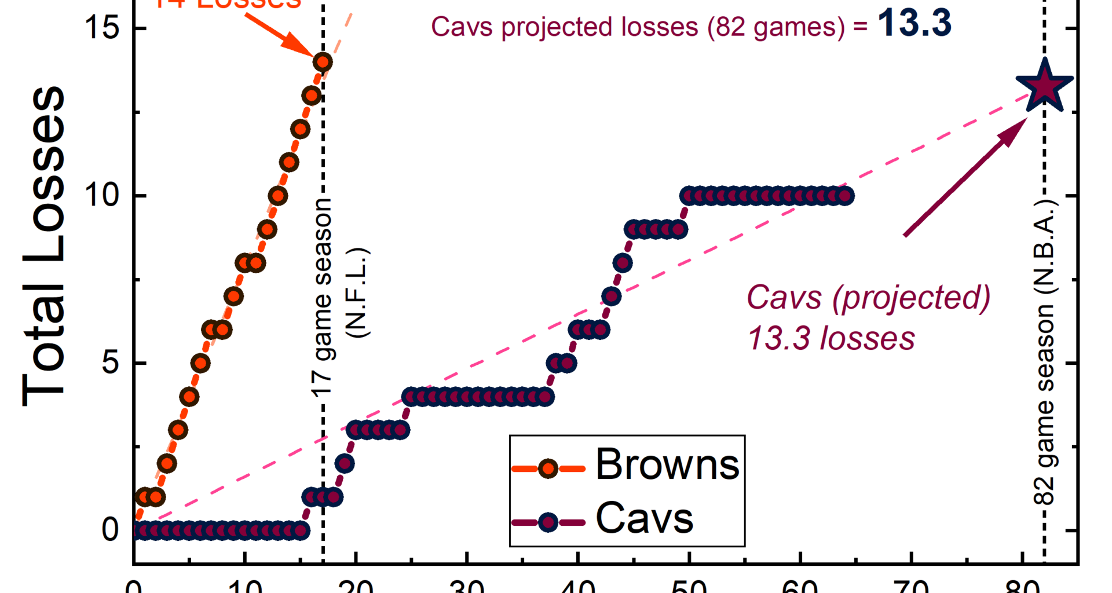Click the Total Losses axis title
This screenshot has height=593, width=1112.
43,246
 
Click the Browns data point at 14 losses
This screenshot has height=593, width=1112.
323,61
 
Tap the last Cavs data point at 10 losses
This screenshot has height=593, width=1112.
846,196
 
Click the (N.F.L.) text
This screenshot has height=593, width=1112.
357,293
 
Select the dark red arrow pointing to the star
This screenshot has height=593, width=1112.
964,177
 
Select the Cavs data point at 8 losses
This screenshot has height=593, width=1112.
623,263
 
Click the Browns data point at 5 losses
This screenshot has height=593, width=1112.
200,363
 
